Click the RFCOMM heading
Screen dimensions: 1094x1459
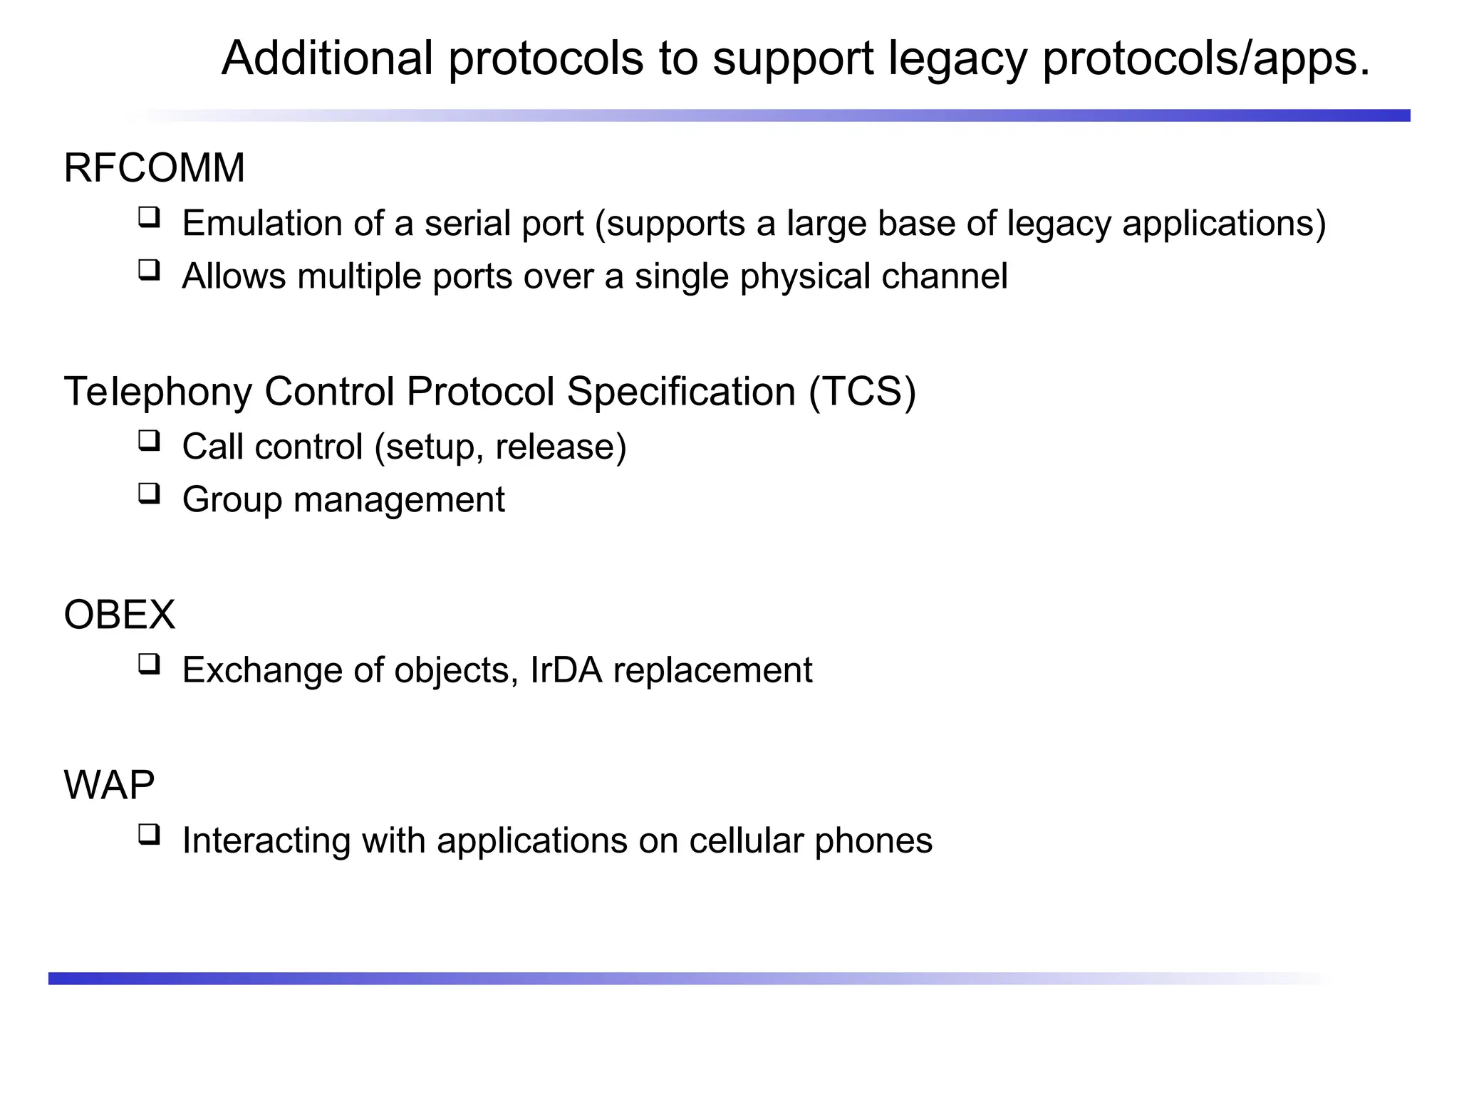coord(154,169)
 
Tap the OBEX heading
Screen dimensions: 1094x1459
coord(119,615)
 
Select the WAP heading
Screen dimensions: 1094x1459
coord(109,785)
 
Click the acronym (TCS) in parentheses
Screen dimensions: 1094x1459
coord(862,392)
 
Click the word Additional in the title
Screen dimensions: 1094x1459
coord(327,58)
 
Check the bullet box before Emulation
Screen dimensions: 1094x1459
coord(149,217)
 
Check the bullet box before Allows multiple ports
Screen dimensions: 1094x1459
coord(149,270)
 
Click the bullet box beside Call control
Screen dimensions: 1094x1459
coord(149,440)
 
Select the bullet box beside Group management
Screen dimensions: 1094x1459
coord(149,493)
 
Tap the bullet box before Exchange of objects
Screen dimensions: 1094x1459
coord(149,664)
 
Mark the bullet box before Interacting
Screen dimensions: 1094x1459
coord(149,834)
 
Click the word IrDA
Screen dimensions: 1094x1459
coord(566,670)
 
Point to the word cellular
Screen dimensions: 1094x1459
coord(746,840)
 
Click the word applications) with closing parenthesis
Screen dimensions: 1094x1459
coord(1224,224)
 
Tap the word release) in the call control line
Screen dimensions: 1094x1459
coord(561,447)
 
